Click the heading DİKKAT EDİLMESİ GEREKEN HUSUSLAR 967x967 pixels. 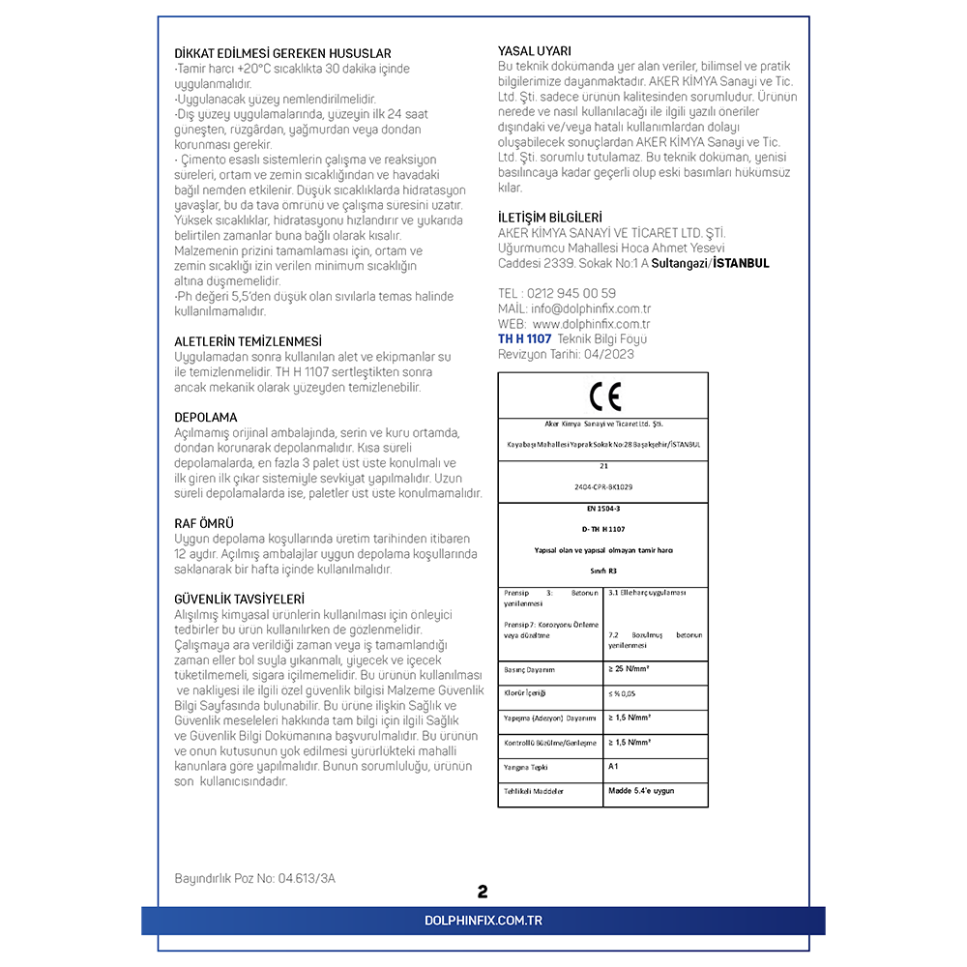click(282, 53)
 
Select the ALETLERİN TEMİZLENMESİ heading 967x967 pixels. click(249, 341)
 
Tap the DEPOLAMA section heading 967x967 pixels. click(205, 417)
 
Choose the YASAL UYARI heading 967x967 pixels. click(535, 50)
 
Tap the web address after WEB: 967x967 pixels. click(591, 324)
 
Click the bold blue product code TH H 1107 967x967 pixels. click(524, 339)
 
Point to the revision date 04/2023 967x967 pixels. click(608, 355)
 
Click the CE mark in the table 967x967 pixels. click(604, 396)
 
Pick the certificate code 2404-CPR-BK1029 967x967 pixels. click(604, 486)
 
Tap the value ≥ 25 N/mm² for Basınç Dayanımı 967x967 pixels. click(629, 669)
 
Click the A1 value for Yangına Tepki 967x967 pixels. click(613, 766)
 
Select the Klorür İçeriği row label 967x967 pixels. click(525, 694)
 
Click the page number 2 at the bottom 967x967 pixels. click(483, 892)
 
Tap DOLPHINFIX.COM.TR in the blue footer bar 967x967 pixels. click(483, 921)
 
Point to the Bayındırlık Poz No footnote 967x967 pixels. click(255, 879)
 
